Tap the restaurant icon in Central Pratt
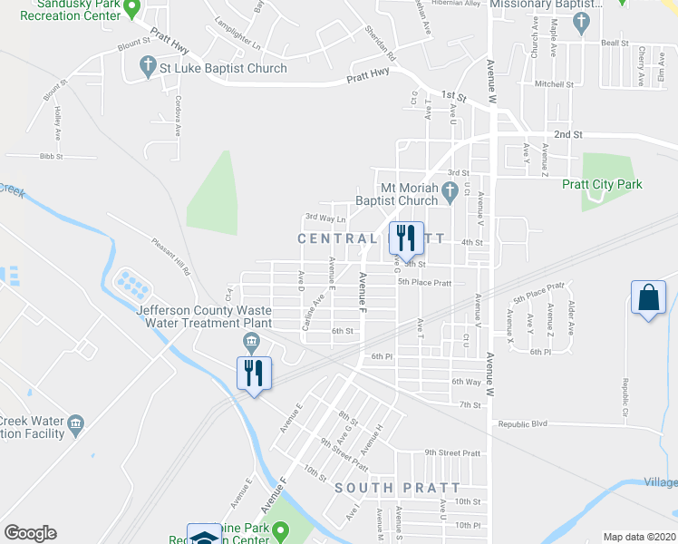tap(405, 238)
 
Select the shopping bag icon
tap(649, 297)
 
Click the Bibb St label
tap(52, 156)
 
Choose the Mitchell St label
tap(555, 84)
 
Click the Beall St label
tap(614, 43)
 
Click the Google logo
tap(30, 533)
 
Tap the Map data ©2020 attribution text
tap(639, 537)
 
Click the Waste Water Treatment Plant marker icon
tap(251, 341)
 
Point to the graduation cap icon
tap(204, 535)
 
